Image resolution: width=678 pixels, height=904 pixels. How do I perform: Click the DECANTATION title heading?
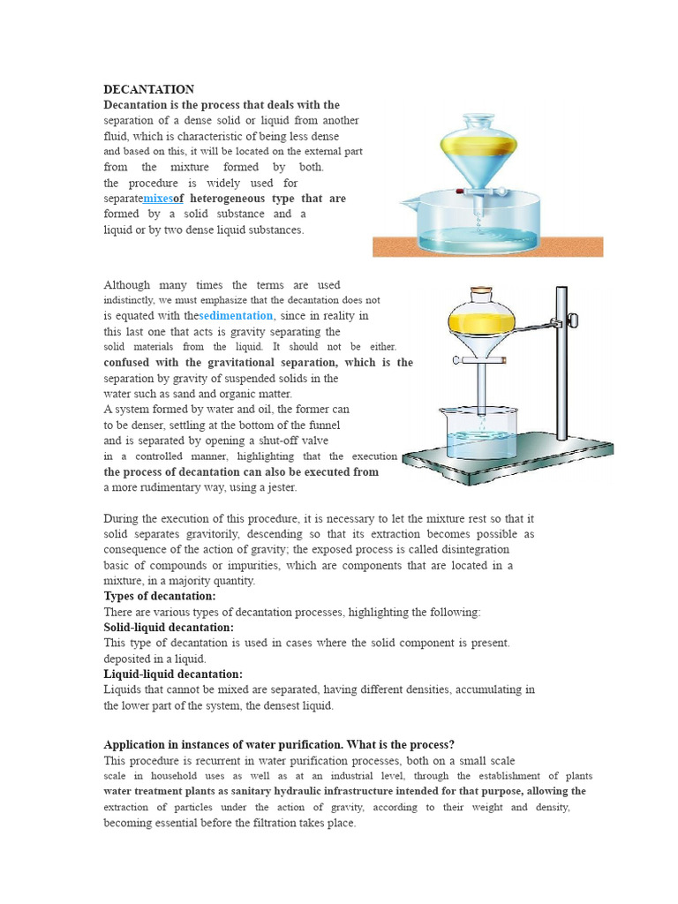point(148,89)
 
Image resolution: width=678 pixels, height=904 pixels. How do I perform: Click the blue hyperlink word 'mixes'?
point(158,199)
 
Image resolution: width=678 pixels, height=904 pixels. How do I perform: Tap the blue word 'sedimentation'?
point(236,315)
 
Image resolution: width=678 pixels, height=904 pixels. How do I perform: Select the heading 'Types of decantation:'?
point(160,596)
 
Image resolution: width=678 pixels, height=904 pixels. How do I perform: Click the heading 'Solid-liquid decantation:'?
point(169,628)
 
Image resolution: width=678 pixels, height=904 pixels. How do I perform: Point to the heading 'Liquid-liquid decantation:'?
point(173,674)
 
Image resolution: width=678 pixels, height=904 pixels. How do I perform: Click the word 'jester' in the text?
point(282,487)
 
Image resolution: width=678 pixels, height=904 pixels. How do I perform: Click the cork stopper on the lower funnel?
point(481,290)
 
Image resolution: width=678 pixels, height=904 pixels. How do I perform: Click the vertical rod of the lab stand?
point(561,363)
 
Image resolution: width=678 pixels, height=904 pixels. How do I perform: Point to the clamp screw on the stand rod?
point(573,320)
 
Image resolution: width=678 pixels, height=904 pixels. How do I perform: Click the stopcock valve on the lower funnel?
point(479,360)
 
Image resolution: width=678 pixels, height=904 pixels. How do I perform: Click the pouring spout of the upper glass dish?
point(408,202)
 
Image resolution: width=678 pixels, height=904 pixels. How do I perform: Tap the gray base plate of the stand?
point(508,459)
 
